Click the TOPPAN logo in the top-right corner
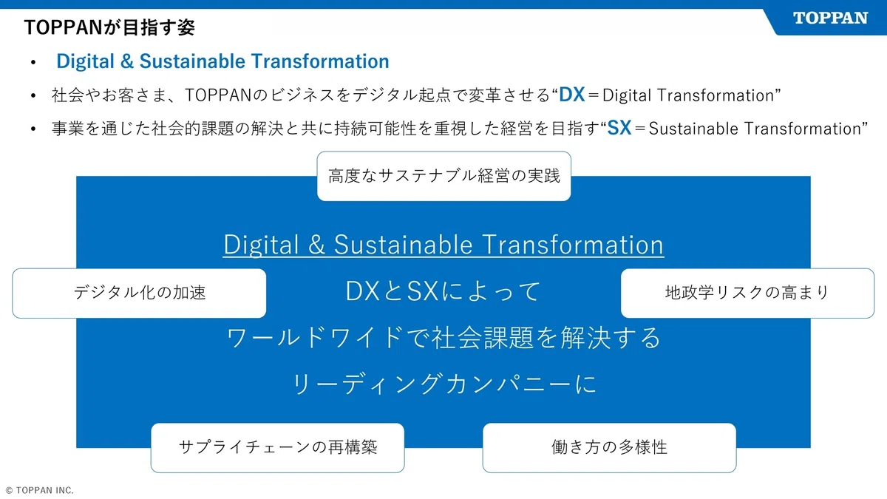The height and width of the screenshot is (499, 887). [x=830, y=18]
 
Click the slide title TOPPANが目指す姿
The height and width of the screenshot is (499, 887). [x=109, y=28]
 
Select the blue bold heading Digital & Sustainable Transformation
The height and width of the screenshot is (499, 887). [x=222, y=61]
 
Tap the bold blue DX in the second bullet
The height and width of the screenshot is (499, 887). [x=572, y=95]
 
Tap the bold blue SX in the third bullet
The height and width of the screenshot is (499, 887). [x=619, y=128]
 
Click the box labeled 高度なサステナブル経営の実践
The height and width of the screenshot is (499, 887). [x=443, y=176]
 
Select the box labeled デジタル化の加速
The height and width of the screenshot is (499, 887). [x=139, y=293]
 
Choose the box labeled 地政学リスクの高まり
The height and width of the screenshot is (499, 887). [x=747, y=293]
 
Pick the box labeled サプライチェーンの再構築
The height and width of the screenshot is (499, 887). [x=277, y=447]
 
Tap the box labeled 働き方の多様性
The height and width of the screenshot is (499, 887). [x=609, y=447]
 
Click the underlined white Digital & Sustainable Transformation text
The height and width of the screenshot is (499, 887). [x=443, y=245]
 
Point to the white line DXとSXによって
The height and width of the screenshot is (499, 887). [x=443, y=291]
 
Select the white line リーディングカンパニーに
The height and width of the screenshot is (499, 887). [x=443, y=384]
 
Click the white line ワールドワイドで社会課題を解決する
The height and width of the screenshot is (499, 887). [x=443, y=338]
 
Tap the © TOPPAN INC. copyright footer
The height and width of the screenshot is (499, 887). [x=39, y=490]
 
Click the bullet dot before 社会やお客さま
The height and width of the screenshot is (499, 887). [x=33, y=96]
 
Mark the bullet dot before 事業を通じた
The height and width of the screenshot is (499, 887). [x=33, y=129]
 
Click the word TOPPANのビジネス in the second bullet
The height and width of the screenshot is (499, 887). [x=245, y=95]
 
